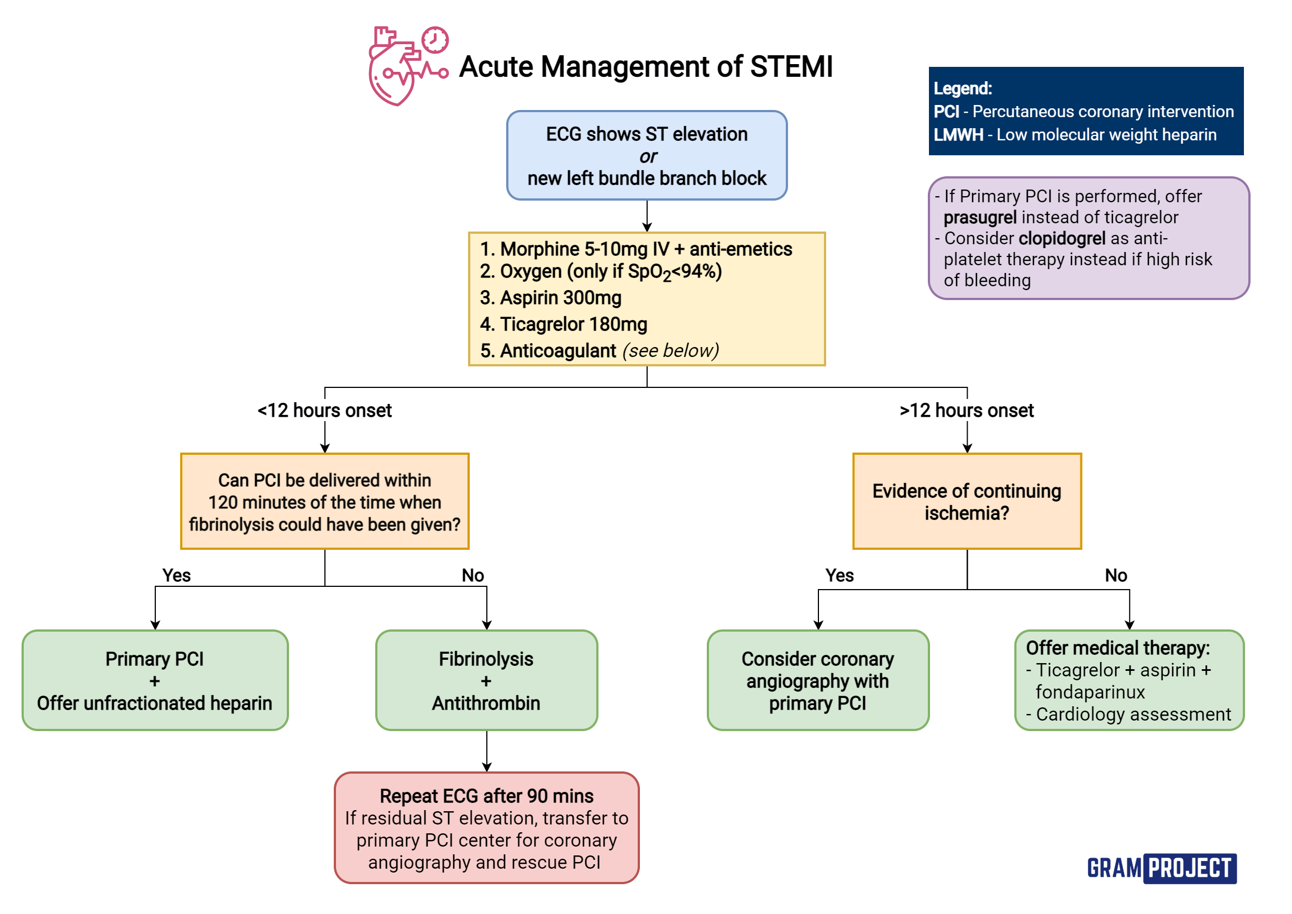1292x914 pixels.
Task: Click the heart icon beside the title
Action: [408, 66]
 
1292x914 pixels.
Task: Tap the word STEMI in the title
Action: [791, 67]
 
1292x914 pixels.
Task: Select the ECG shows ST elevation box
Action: [647, 155]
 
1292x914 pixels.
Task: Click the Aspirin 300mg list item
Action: [550, 297]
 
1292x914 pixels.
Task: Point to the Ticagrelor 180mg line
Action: [563, 324]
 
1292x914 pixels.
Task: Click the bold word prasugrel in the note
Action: [980, 217]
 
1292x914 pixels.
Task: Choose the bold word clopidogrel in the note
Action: [1062, 238]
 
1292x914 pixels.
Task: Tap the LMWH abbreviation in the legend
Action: [958, 134]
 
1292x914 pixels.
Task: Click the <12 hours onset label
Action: [324, 410]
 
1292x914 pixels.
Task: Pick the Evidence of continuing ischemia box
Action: [967, 501]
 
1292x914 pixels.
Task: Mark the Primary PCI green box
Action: [155, 680]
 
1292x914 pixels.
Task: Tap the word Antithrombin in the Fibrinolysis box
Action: [486, 703]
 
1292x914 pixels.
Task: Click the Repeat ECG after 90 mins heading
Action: [486, 796]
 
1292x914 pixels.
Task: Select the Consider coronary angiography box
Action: [818, 680]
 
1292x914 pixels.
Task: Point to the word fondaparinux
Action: [1090, 692]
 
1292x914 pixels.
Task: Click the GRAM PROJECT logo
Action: [1162, 868]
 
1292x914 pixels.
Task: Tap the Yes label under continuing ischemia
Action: [839, 575]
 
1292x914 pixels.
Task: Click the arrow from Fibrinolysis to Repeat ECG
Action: [487, 752]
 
